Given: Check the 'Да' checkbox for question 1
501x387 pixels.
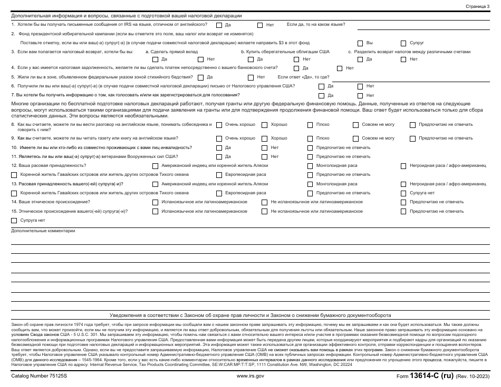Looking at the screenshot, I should [x=219, y=25].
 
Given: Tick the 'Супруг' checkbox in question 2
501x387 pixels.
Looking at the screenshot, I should [x=404, y=43].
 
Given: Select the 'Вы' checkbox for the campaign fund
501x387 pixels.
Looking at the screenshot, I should [x=360, y=43].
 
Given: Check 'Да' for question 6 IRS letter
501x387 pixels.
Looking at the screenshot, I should [x=321, y=86].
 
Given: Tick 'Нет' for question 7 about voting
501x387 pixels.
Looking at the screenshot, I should [x=360, y=96].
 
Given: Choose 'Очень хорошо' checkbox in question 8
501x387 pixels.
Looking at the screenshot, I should [x=219, y=125].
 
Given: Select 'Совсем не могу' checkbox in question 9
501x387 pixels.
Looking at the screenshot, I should [x=356, y=138].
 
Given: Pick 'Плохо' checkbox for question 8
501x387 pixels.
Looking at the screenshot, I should [x=310, y=125].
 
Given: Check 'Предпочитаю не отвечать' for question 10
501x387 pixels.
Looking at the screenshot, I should [x=310, y=148].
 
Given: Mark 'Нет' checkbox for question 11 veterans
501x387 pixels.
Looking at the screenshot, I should [x=264, y=157].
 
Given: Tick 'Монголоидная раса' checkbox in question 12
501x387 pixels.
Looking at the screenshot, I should [x=310, y=166].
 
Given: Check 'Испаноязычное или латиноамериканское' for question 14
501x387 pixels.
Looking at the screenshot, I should [x=155, y=202].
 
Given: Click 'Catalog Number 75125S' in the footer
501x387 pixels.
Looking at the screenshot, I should [x=38, y=376].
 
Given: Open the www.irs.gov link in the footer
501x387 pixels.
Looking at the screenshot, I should [x=250, y=376].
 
